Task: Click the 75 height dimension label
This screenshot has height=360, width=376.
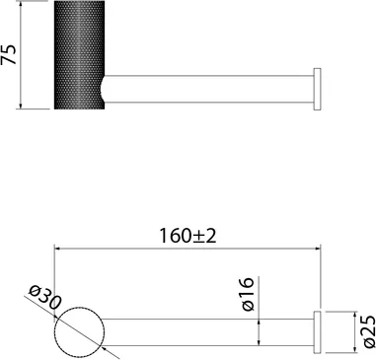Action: click(x=9, y=54)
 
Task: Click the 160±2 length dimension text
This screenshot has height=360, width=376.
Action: click(x=188, y=236)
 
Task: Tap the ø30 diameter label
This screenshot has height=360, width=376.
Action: click(x=44, y=297)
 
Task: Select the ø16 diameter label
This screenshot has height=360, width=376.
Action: click(x=248, y=294)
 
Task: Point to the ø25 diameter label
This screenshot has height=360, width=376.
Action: click(x=369, y=331)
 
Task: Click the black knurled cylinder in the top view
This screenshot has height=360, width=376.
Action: click(x=79, y=55)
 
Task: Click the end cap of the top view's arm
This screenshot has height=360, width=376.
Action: click(x=317, y=89)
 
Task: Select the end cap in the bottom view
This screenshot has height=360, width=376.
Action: click(x=317, y=332)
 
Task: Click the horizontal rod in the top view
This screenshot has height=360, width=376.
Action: click(x=208, y=89)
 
